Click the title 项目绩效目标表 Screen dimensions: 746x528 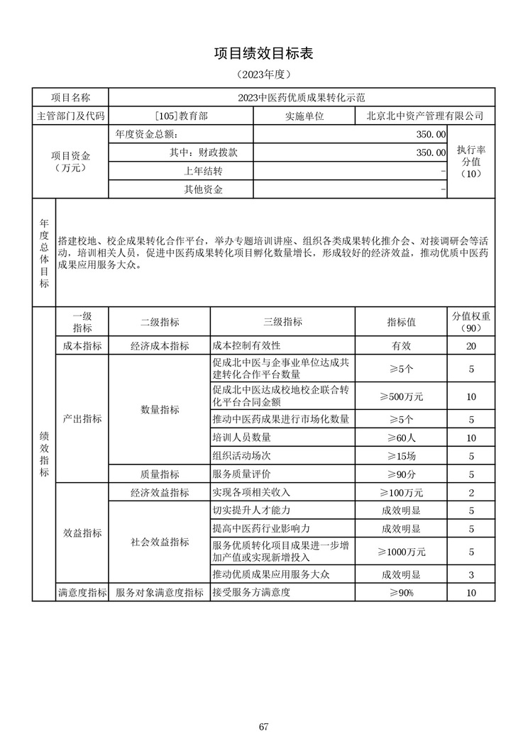pos(263,53)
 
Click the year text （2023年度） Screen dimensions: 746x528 pos(263,74)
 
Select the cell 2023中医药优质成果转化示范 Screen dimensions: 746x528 pos(302,98)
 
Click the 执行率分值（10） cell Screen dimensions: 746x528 pos(471,161)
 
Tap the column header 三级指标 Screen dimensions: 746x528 pos(282,322)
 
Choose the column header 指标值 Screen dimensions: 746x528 pos(401,322)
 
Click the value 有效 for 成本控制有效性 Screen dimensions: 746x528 pos(401,345)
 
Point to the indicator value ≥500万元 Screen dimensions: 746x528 pos(401,396)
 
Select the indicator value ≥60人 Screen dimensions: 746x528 pos(401,438)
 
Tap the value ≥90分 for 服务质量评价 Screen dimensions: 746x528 pos(401,474)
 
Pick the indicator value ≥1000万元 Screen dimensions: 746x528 pos(401,551)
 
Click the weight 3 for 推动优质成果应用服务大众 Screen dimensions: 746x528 pos(471,574)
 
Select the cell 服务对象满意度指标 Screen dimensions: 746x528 pos(159,592)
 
